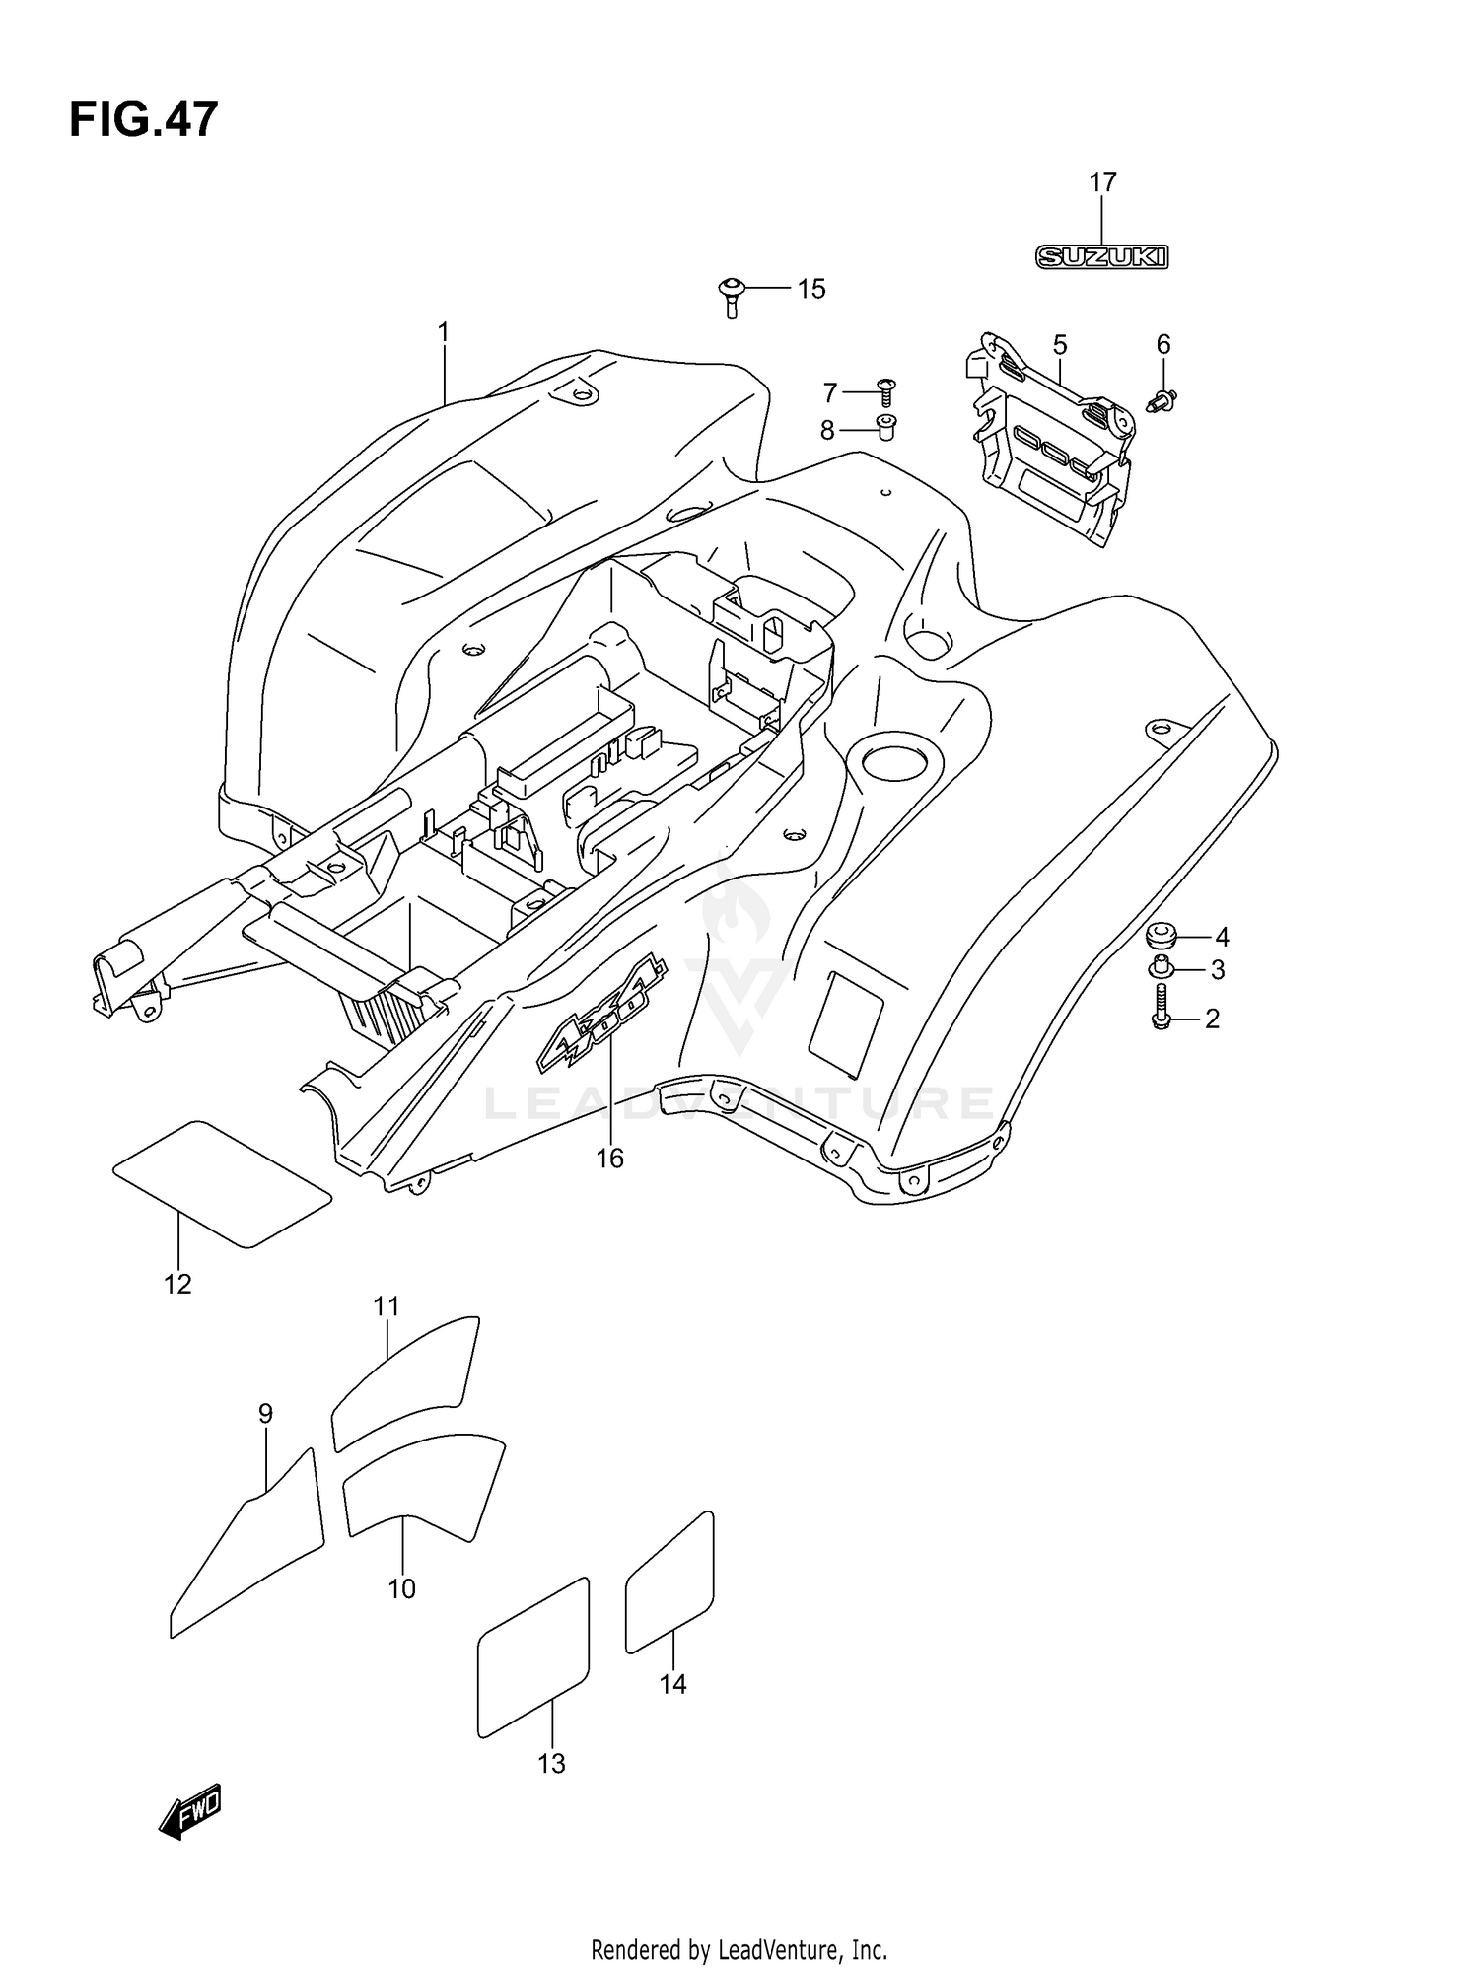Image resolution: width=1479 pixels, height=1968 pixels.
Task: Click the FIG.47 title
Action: click(143, 120)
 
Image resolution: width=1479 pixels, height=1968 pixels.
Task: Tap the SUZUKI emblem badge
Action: click(1101, 257)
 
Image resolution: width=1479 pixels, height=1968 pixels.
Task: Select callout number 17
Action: click(1102, 182)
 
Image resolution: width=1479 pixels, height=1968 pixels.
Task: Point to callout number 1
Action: click(444, 332)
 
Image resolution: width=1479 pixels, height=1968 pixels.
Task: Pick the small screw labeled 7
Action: click(884, 392)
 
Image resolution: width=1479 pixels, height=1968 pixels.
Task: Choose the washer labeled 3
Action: click(1162, 969)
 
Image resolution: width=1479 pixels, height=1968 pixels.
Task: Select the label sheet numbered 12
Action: click(223, 1183)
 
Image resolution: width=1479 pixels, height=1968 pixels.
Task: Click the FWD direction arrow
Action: click(191, 1811)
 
